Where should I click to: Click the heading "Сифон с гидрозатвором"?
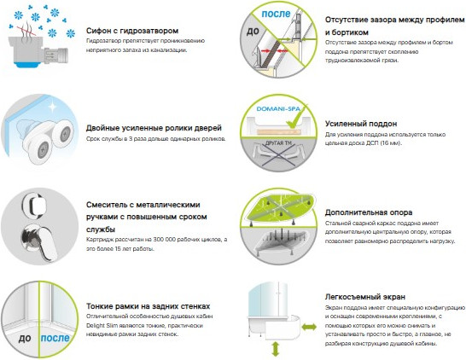[137, 30]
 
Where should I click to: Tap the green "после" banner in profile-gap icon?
[277, 15]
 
